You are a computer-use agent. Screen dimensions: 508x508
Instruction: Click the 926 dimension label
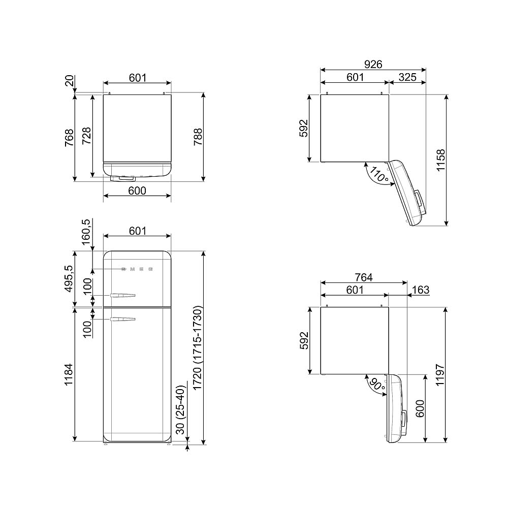coord(373,64)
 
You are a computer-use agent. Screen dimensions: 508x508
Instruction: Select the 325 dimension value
coord(407,77)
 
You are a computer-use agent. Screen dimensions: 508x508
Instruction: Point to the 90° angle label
coord(377,384)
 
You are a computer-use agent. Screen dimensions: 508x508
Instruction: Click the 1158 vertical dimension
coord(441,160)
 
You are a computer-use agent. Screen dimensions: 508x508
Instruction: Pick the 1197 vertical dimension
coord(439,375)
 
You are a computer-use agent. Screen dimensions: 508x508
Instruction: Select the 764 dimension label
coord(364,277)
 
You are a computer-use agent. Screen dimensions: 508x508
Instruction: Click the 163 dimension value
coord(421,290)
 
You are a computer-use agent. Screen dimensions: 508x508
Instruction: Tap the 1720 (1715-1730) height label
coord(197,348)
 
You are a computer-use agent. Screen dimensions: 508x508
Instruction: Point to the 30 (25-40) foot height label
coord(180,409)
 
